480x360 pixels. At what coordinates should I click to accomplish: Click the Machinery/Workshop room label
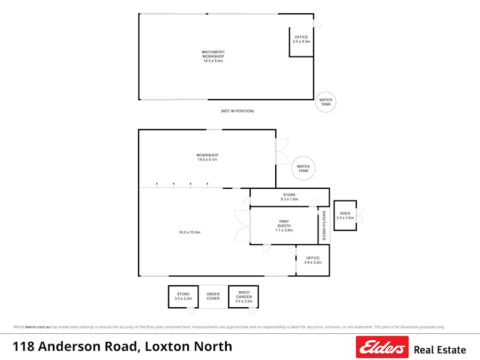pos(213,54)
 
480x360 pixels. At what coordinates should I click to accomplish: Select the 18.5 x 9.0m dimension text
pos(213,61)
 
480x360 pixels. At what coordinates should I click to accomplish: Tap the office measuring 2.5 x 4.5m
pos(301,39)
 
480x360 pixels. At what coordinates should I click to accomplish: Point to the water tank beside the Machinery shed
pos(325,102)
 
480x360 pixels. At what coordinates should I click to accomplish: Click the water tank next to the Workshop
pos(303,168)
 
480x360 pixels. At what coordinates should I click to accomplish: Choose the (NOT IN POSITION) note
pos(237,111)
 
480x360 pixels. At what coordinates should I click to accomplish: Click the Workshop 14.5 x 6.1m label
pos(207,157)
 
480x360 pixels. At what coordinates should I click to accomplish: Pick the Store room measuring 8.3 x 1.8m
pos(289,197)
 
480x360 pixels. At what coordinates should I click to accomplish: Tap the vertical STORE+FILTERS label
pos(324,226)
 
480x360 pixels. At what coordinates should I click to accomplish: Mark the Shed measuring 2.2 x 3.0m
pos(345,215)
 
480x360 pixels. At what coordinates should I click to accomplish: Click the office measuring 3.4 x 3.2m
pos(313,260)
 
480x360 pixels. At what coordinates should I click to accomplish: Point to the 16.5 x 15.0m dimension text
pos(189,232)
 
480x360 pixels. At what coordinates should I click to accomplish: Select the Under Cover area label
pos(213,296)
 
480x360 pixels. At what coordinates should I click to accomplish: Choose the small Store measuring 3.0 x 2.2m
pos(183,296)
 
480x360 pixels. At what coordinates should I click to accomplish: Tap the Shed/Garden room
pos(244,297)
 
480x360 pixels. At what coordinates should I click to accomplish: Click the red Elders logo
pos(382,347)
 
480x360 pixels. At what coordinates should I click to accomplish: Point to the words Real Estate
pos(439,350)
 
